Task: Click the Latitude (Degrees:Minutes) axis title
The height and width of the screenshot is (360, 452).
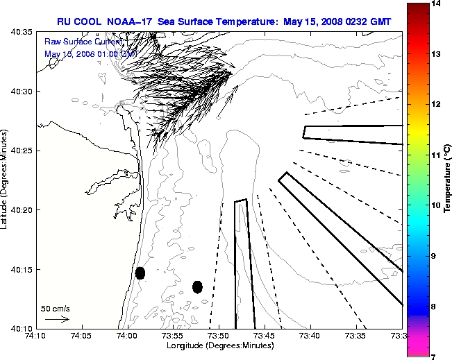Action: click(x=6, y=180)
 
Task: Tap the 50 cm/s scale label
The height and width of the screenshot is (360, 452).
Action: click(x=55, y=308)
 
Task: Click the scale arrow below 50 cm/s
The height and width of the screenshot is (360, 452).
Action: click(x=56, y=319)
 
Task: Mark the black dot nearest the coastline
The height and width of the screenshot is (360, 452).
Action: click(x=140, y=273)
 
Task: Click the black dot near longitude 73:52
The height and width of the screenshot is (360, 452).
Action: click(x=197, y=286)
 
